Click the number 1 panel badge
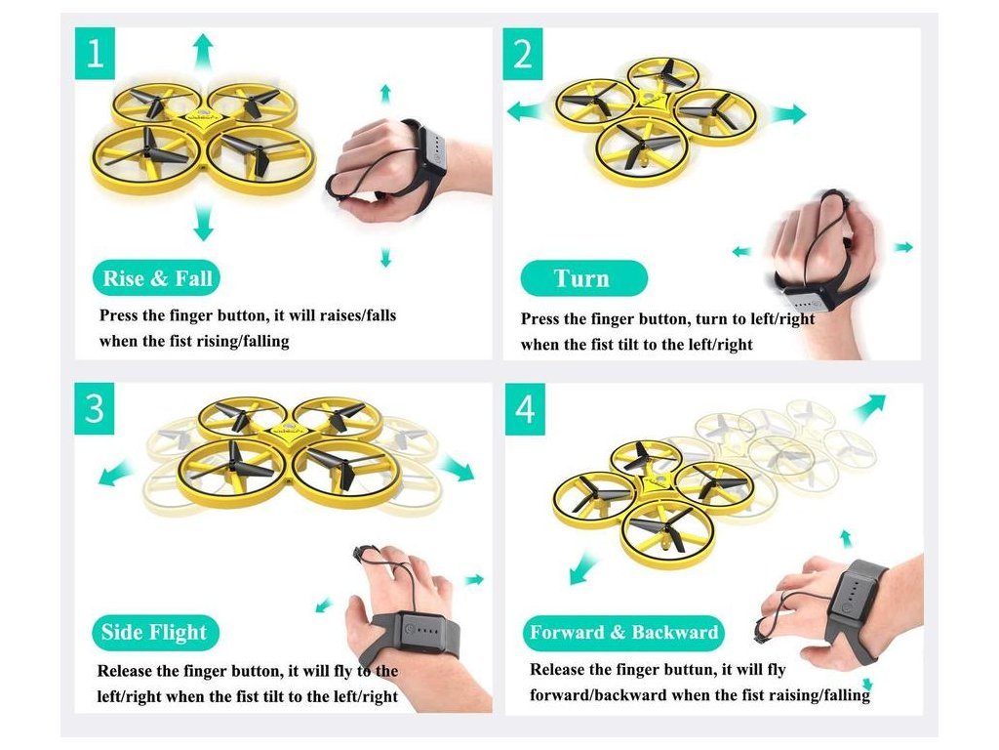pyautogui.click(x=95, y=54)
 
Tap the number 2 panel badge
pyautogui.click(x=523, y=54)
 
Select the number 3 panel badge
pyautogui.click(x=95, y=409)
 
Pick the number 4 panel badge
pyautogui.click(x=525, y=409)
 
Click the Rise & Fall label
pyautogui.click(x=157, y=278)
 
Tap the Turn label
pyautogui.click(x=583, y=278)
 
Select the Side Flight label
pyautogui.click(x=155, y=632)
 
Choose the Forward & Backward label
pyautogui.click(x=623, y=632)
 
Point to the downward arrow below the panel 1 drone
pyautogui.click(x=203, y=222)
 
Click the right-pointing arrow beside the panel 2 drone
pyautogui.click(x=788, y=115)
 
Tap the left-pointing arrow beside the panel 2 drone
pyautogui.click(x=525, y=111)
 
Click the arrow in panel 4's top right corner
pyautogui.click(x=869, y=408)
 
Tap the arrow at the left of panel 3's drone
pyautogui.click(x=117, y=474)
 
